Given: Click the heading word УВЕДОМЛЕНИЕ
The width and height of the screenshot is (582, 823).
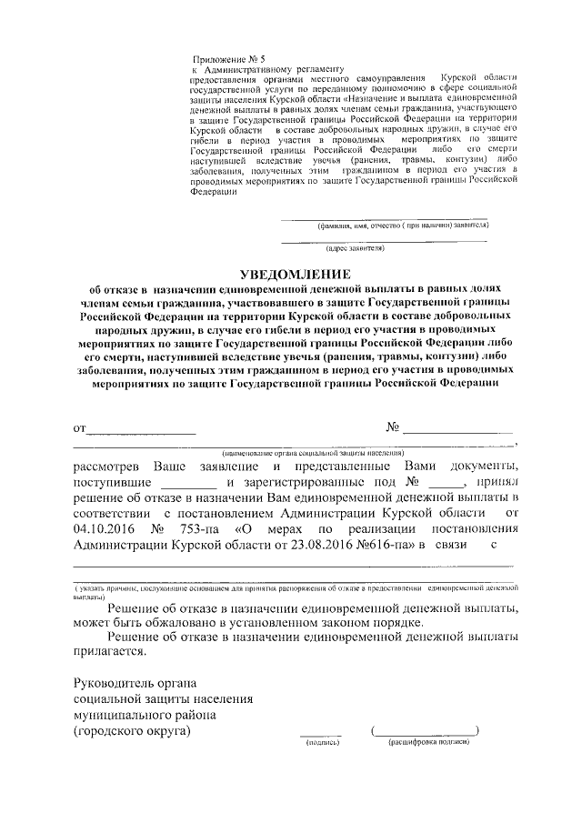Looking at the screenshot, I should [293, 274].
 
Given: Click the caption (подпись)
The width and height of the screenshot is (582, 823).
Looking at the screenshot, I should [322, 742].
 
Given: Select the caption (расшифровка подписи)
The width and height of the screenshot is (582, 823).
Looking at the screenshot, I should [427, 742].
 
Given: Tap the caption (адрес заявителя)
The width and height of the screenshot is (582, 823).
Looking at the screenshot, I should [356, 247].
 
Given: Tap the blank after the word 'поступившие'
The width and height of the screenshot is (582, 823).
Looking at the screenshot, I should [195, 482].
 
